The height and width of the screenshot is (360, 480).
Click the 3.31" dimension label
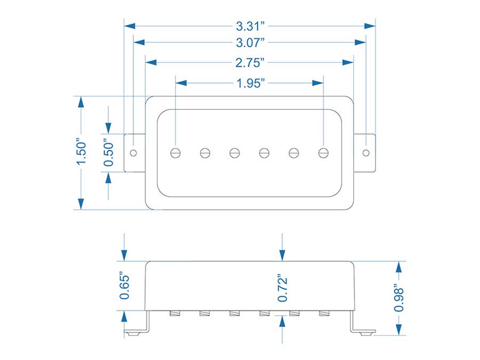tap(250, 25)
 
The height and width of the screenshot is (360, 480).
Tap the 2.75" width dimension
tap(250, 62)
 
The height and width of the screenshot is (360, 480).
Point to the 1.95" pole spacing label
tap(250, 83)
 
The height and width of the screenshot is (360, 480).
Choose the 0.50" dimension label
tap(109, 154)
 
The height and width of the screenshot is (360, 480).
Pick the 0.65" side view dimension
tap(124, 286)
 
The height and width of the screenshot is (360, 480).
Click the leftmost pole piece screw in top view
tap(176, 153)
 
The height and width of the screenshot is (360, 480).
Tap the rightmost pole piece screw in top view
tap(323, 153)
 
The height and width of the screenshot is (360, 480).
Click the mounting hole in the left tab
tap(133, 153)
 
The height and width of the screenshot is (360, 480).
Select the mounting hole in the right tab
tap(366, 153)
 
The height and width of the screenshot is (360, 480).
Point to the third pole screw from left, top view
tap(235, 153)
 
